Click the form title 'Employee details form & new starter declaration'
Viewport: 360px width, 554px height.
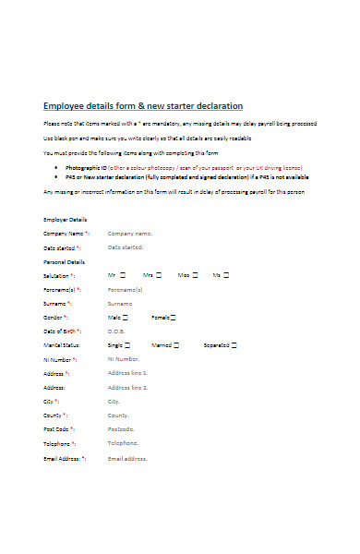(143, 105)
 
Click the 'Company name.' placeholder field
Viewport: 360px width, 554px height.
(130, 235)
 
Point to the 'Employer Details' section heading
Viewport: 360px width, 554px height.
(66, 220)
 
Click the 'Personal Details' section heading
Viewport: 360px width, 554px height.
(65, 262)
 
